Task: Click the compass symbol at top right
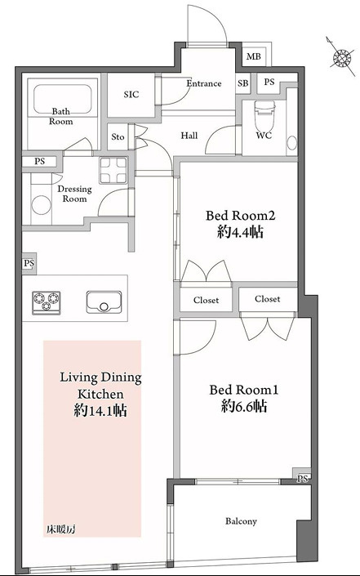342,57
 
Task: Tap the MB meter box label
253,56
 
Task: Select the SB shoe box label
242,83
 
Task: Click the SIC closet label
131,95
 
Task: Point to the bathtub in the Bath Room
62,100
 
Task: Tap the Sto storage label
118,136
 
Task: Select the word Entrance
203,83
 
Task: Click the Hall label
189,136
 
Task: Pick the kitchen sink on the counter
104,302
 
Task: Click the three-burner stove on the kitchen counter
47,302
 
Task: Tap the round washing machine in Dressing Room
41,204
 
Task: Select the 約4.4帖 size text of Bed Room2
240,232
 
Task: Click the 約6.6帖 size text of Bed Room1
243,406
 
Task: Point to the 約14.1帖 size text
100,410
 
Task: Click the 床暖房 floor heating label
61,529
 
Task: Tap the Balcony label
241,521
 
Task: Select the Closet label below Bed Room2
206,300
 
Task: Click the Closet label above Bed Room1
267,299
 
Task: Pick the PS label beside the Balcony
302,478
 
